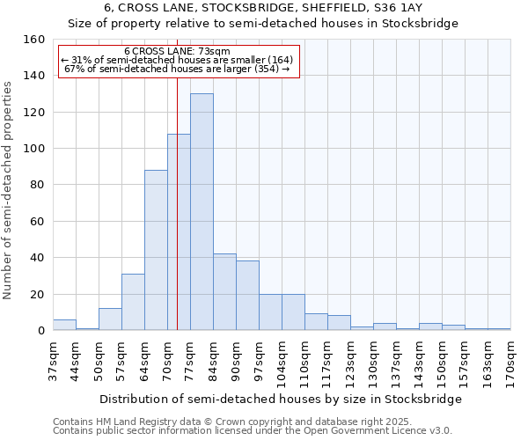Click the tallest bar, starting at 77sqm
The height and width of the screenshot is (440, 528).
coord(202,212)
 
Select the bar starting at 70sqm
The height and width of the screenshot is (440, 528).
coord(179,232)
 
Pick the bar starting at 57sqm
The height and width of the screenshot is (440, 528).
coord(133,303)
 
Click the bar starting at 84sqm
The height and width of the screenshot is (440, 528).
coord(224,292)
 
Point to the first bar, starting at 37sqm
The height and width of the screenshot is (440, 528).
coord(64,325)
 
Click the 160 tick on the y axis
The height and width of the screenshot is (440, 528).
coord(34,40)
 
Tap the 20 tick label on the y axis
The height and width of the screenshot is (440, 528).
coord(38,294)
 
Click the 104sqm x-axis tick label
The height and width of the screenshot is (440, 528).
coord(282,359)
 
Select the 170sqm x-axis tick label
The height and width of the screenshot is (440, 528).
coord(511,359)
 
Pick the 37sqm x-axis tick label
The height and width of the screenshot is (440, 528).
coord(54,359)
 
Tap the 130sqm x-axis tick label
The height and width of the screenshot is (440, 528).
coord(374,359)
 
